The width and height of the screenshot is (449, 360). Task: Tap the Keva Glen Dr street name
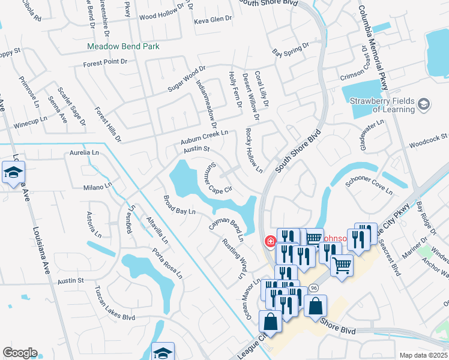[212, 20]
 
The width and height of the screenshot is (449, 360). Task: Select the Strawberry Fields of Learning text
[382, 105]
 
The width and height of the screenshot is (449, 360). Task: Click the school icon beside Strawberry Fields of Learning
[424, 106]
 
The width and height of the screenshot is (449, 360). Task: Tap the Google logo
[20, 353]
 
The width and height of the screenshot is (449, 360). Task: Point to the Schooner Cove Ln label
[369, 187]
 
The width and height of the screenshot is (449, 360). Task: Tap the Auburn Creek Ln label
[205, 138]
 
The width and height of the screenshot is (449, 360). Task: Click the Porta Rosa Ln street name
[167, 263]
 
